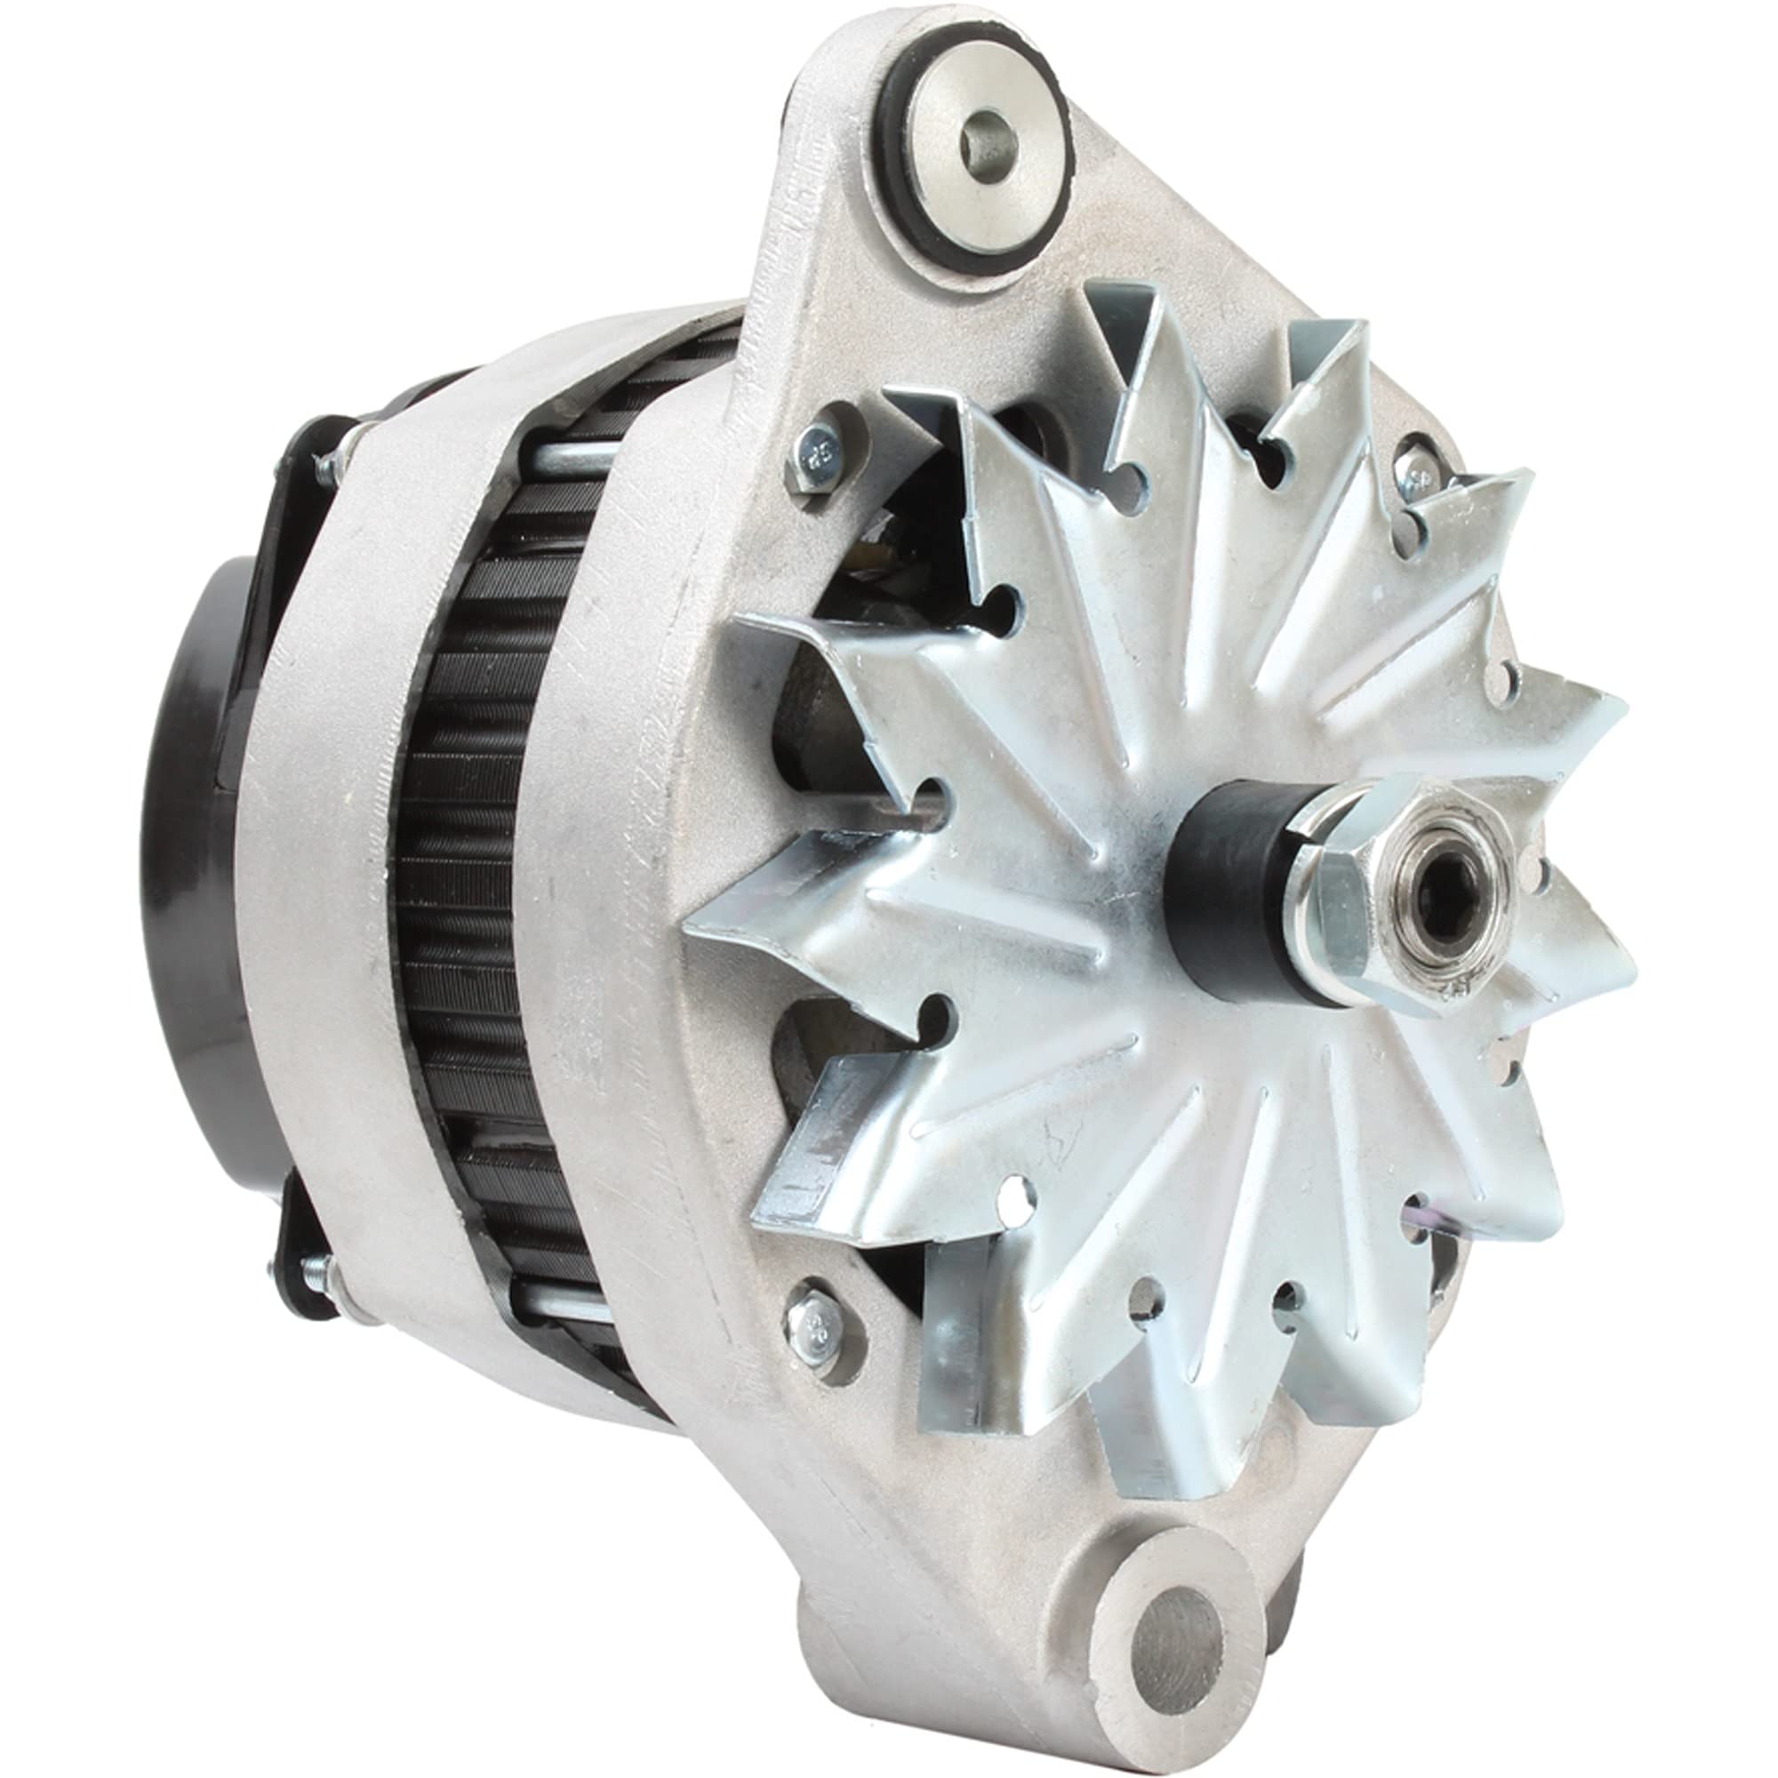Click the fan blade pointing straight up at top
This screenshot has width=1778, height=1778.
(1132, 349)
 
